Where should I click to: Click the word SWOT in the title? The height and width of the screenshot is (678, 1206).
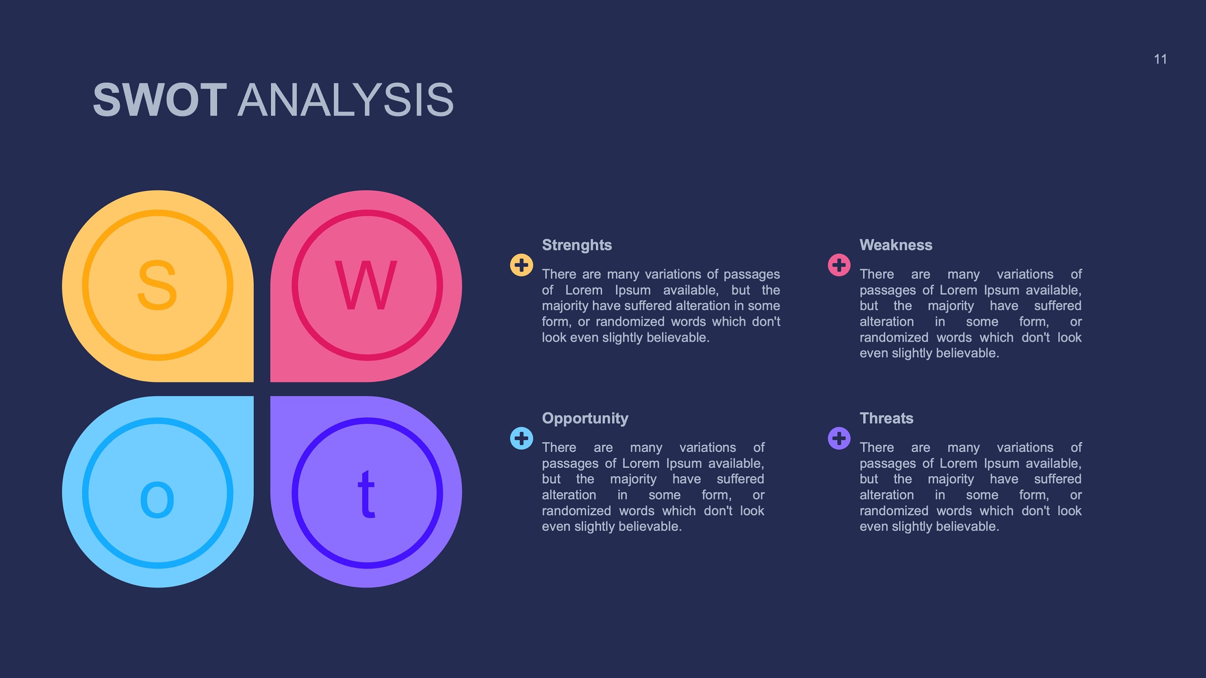click(160, 100)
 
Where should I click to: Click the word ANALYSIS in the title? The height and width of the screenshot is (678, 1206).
click(345, 100)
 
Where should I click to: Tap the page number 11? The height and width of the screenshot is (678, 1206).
click(1160, 59)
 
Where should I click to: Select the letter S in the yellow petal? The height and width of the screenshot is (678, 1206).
click(157, 285)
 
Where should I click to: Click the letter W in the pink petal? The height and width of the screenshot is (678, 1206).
click(366, 285)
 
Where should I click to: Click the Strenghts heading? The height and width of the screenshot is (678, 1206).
click(577, 245)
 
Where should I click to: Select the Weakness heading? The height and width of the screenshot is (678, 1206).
click(896, 245)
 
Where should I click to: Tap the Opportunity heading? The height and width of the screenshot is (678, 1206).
click(585, 418)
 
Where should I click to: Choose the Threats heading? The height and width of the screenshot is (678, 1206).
click(886, 418)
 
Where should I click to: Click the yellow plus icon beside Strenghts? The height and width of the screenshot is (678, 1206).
click(521, 265)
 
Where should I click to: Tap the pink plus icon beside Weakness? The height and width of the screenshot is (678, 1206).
click(839, 265)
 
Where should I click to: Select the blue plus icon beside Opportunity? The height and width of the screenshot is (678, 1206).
click(521, 438)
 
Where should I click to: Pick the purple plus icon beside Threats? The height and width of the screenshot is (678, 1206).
click(839, 438)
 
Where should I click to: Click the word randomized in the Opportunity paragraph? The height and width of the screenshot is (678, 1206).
click(576, 510)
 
